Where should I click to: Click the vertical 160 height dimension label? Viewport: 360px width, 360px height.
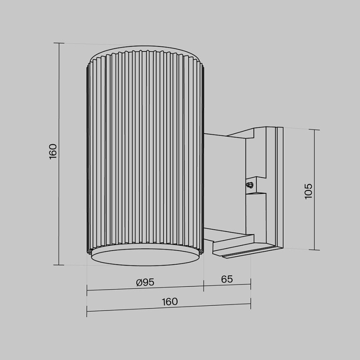coord(53,152)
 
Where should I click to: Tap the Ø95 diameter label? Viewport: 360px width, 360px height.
coord(145,282)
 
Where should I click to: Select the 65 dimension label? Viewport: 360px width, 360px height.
coord(227,279)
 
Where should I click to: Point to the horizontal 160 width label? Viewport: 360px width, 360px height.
coord(170,302)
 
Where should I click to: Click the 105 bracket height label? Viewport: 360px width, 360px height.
coord(308,191)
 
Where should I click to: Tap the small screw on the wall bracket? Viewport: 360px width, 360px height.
coord(250,185)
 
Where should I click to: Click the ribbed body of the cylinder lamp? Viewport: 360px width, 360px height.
coord(145,149)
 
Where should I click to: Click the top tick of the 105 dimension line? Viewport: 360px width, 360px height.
coord(314,130)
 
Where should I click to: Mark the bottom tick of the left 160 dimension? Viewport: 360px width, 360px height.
coord(59,265)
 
